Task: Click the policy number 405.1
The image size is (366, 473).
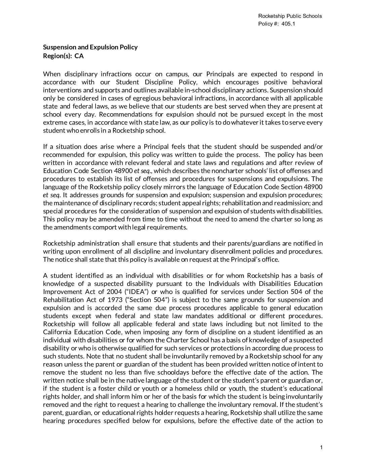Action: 289,24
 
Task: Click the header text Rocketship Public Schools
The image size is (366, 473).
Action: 290,16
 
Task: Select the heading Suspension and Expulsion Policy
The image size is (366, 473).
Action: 90,47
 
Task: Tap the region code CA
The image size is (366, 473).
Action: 79,56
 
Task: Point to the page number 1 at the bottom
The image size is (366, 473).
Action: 321,447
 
